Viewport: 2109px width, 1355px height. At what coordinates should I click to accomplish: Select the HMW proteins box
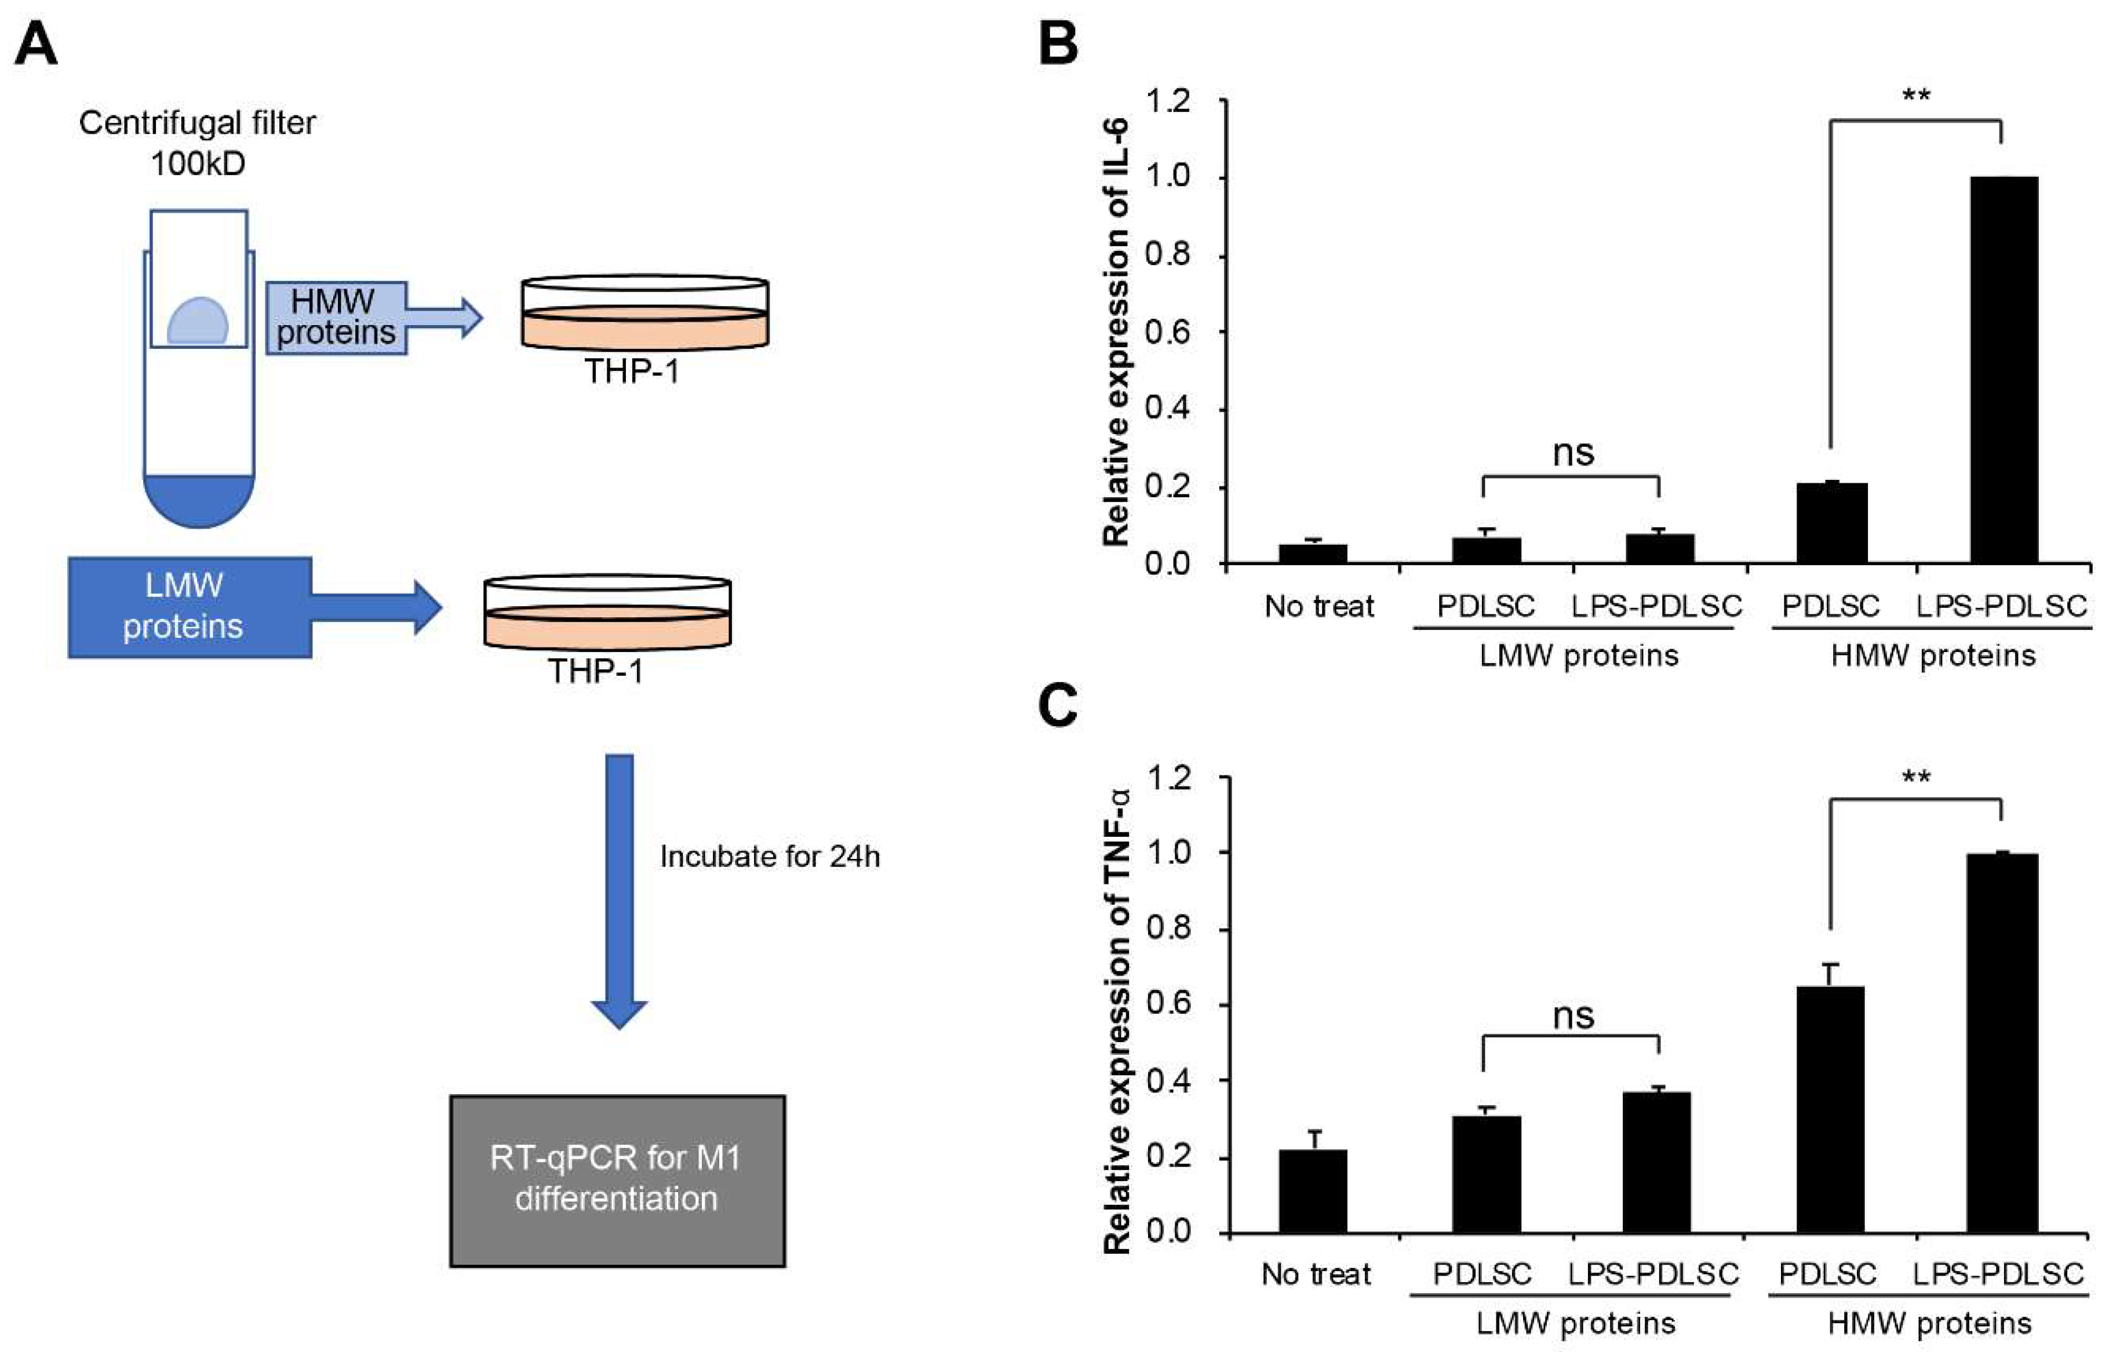(x=336, y=318)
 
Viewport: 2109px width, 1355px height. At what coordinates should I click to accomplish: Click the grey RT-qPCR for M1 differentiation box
(x=617, y=1179)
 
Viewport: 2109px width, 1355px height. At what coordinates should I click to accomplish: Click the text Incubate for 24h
(x=769, y=856)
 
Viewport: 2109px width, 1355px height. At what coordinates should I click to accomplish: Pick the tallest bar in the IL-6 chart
(x=2004, y=370)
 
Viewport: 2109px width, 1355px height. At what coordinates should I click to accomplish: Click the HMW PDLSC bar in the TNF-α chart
(x=1830, y=1109)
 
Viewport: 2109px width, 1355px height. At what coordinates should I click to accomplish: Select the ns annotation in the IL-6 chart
(x=1573, y=453)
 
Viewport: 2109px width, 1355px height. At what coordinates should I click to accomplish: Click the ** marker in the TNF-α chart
(x=1917, y=778)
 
